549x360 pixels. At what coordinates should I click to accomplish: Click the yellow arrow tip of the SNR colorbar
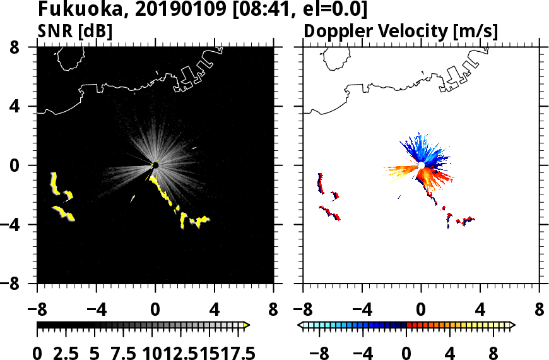point(247,325)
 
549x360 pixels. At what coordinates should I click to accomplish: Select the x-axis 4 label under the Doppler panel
point(481,311)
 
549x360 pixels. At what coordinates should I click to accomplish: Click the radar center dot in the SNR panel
point(155,165)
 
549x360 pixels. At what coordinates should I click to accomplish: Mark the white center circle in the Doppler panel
point(421,165)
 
